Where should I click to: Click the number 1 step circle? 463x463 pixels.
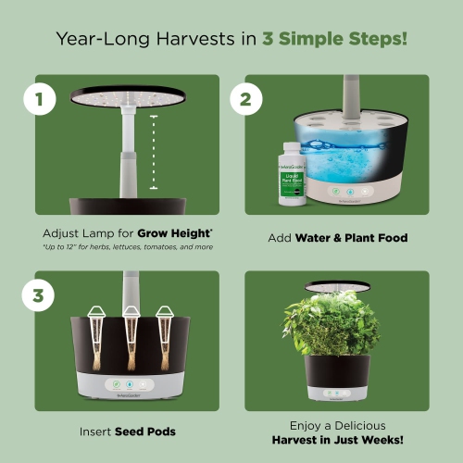click(39, 99)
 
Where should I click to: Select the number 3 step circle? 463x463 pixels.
click(39, 296)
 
